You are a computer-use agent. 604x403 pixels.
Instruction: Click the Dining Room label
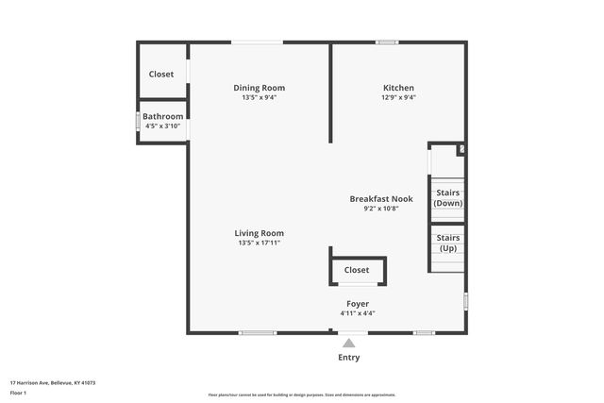tap(260, 88)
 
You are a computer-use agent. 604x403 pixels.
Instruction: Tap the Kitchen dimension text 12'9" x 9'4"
tap(398, 97)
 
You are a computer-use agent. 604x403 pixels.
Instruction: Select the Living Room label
tap(260, 233)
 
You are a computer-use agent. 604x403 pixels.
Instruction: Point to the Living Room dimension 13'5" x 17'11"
tap(260, 243)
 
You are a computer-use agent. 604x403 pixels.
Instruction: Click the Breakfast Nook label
tap(381, 199)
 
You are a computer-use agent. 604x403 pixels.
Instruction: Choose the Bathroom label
tap(162, 117)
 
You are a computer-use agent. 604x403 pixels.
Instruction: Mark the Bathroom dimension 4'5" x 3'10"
tap(162, 126)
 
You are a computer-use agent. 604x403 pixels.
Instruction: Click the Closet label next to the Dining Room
tap(161, 74)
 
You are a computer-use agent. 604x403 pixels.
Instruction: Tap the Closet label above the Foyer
tap(357, 270)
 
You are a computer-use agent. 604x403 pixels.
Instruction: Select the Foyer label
tap(358, 304)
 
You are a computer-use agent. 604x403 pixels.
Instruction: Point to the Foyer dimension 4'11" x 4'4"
tap(358, 313)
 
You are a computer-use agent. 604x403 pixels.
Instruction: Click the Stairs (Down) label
tap(448, 198)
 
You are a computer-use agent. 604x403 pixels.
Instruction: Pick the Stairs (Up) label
tap(448, 243)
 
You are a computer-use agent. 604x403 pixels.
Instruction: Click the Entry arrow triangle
tap(349, 344)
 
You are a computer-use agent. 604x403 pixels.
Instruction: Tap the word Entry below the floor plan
tap(349, 358)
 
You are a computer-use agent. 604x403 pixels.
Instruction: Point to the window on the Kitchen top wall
tap(386, 42)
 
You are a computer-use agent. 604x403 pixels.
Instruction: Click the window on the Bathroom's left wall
tap(138, 122)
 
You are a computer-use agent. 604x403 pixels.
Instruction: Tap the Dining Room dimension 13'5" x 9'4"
tap(260, 97)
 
